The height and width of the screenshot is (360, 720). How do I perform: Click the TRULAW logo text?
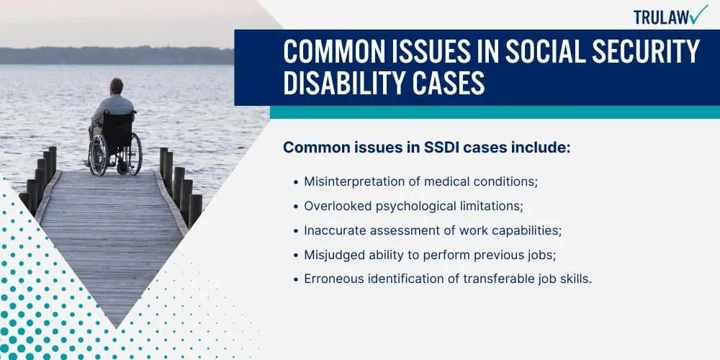tap(661, 17)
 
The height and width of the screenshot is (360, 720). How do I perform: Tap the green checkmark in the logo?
tap(699, 14)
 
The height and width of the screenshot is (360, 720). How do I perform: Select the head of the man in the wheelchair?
tap(117, 86)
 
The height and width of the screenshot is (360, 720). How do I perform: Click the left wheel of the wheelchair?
tap(98, 155)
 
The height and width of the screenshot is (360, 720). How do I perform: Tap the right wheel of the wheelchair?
tap(134, 154)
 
